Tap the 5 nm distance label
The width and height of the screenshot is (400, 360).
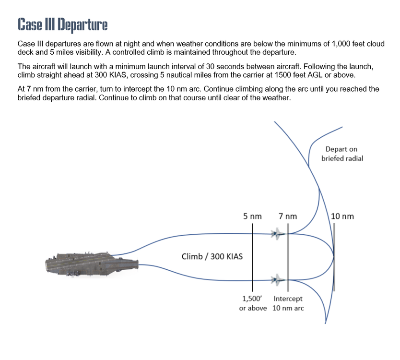pos(252,216)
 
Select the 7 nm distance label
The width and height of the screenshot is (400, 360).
pos(288,216)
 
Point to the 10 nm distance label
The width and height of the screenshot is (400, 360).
pos(342,216)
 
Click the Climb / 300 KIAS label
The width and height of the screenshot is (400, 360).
pos(212,256)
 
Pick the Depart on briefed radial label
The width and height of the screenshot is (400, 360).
pos(342,154)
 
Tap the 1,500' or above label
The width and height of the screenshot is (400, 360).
pos(253,303)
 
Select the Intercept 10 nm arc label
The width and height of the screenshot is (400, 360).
pos(288,303)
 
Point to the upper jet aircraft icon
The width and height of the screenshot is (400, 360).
pos(277,234)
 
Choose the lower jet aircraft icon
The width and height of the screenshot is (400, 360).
pos(277,278)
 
